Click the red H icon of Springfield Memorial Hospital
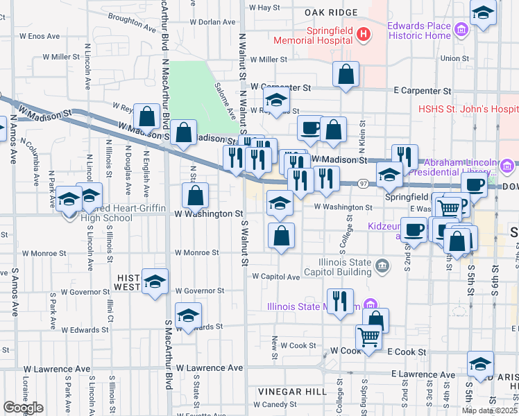click(x=362, y=33)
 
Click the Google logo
click(x=23, y=407)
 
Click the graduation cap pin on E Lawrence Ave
click(x=480, y=363)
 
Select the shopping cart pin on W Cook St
click(x=368, y=338)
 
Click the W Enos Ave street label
click(x=39, y=35)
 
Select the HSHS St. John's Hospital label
click(x=468, y=109)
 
